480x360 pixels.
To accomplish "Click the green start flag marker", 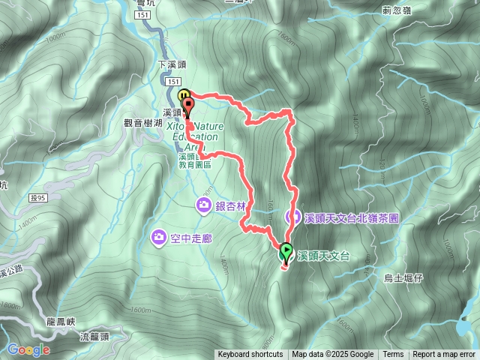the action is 286,253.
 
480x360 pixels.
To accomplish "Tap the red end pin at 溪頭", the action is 187,105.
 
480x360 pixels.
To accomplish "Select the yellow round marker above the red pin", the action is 184,94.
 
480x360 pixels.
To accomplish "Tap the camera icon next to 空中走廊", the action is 159,238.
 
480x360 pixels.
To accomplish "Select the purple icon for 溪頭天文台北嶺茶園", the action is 293,217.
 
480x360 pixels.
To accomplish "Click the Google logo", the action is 28,349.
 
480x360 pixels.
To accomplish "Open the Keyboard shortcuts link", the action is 250,355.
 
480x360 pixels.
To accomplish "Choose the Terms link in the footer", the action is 393,355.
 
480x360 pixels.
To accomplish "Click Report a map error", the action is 444,355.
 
